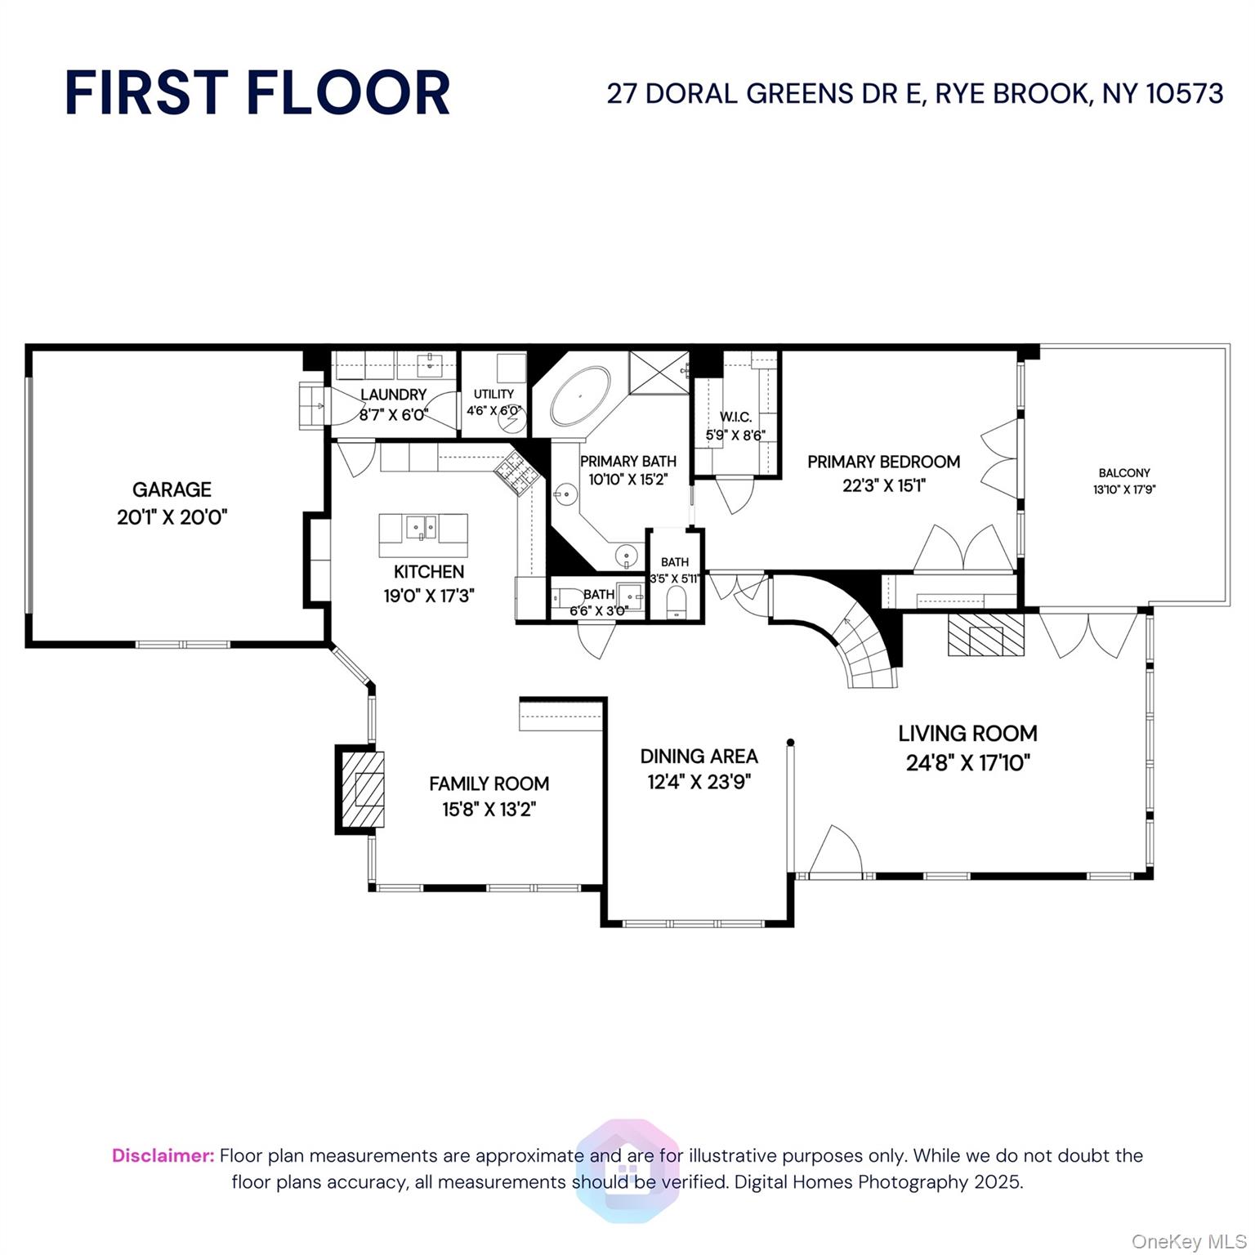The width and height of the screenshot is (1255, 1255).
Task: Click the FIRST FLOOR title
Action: pos(257,92)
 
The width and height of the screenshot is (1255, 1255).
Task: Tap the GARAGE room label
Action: pos(172,489)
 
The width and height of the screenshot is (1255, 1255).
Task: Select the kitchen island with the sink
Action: pos(423,535)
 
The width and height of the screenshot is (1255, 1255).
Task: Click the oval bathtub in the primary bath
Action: pos(580,395)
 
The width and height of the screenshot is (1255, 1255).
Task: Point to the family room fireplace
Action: pos(361,789)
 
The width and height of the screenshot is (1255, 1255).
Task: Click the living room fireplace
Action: pos(985,634)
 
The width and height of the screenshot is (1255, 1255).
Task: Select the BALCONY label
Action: pos(1123,473)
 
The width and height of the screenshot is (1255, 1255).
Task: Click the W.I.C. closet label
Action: pos(735,417)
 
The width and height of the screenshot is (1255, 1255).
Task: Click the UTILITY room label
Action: pos(494,394)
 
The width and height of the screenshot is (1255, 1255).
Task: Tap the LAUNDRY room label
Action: pos(393,395)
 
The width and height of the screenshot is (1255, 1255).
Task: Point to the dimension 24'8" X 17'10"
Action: pos(967,762)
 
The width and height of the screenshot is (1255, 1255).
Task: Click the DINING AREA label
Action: pos(699,756)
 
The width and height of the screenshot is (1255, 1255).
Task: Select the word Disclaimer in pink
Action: pos(163,1155)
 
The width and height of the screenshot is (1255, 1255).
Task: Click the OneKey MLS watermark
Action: pos(1188,1241)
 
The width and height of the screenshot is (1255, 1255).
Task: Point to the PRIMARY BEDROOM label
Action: pos(883,462)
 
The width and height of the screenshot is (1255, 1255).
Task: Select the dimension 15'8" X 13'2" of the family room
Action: pos(489,809)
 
